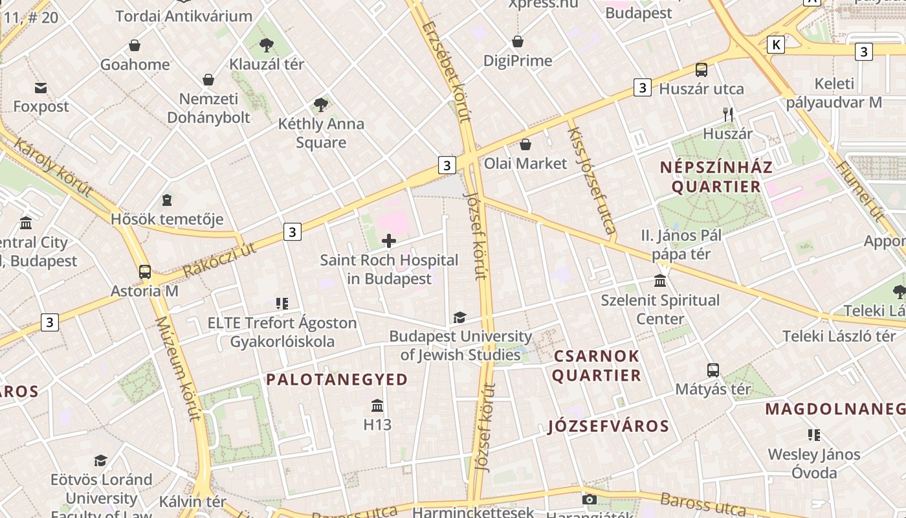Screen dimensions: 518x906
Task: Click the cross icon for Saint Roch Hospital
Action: point(389,242)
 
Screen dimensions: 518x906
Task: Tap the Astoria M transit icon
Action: point(145,272)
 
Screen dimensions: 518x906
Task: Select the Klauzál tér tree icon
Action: point(266,45)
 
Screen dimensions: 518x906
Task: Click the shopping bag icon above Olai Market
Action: point(525,144)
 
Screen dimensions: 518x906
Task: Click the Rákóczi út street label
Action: point(219,258)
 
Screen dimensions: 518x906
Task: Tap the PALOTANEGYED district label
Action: point(337,379)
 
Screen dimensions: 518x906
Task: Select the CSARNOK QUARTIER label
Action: point(596,366)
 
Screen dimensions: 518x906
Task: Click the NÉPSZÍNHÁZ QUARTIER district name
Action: point(716,177)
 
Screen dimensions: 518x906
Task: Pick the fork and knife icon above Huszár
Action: point(728,115)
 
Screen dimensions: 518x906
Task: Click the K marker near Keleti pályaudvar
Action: point(775,45)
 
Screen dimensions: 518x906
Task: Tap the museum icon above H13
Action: point(377,406)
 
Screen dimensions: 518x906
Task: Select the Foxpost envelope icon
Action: point(41,87)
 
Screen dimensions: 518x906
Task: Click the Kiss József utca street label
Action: point(590,179)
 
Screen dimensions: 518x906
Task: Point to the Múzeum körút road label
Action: point(178,368)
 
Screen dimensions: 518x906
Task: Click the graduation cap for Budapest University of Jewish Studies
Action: point(459,317)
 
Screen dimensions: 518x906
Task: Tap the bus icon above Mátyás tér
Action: point(713,370)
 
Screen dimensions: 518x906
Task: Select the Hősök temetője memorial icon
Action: point(167,200)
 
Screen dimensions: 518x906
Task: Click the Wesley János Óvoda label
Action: point(814,464)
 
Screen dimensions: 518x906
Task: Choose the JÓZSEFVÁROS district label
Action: point(608,426)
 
